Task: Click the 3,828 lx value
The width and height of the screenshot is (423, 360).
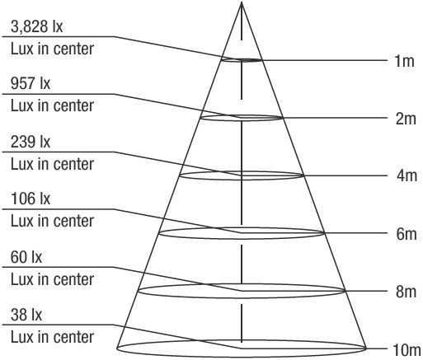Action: click(37, 27)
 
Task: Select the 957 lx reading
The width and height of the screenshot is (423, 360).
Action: click(31, 83)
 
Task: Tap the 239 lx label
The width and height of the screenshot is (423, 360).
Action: click(31, 142)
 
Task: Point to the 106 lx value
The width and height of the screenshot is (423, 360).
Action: click(31, 199)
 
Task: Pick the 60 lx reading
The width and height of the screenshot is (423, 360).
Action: click(26, 257)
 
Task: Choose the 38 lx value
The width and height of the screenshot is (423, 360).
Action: click(26, 315)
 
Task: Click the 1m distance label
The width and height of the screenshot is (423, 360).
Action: click(404, 61)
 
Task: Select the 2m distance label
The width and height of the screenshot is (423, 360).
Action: click(406, 119)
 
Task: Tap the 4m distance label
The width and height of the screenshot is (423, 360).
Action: click(407, 175)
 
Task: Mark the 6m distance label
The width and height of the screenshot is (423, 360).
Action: click(407, 234)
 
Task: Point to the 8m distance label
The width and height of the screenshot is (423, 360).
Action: click(406, 292)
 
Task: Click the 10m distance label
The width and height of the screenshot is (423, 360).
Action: click(407, 350)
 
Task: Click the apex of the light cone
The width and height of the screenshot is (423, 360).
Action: click(242, 2)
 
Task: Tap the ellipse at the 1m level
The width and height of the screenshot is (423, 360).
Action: click(242, 62)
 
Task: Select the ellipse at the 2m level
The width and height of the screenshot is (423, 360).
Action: click(242, 120)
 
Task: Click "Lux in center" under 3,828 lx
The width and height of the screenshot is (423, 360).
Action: click(52, 49)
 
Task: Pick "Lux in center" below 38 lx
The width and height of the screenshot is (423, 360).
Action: click(52, 337)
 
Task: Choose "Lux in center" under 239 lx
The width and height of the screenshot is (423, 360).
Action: click(52, 164)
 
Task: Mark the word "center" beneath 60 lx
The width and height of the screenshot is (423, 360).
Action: click(73, 280)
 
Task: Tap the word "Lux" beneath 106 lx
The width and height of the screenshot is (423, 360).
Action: click(22, 222)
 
